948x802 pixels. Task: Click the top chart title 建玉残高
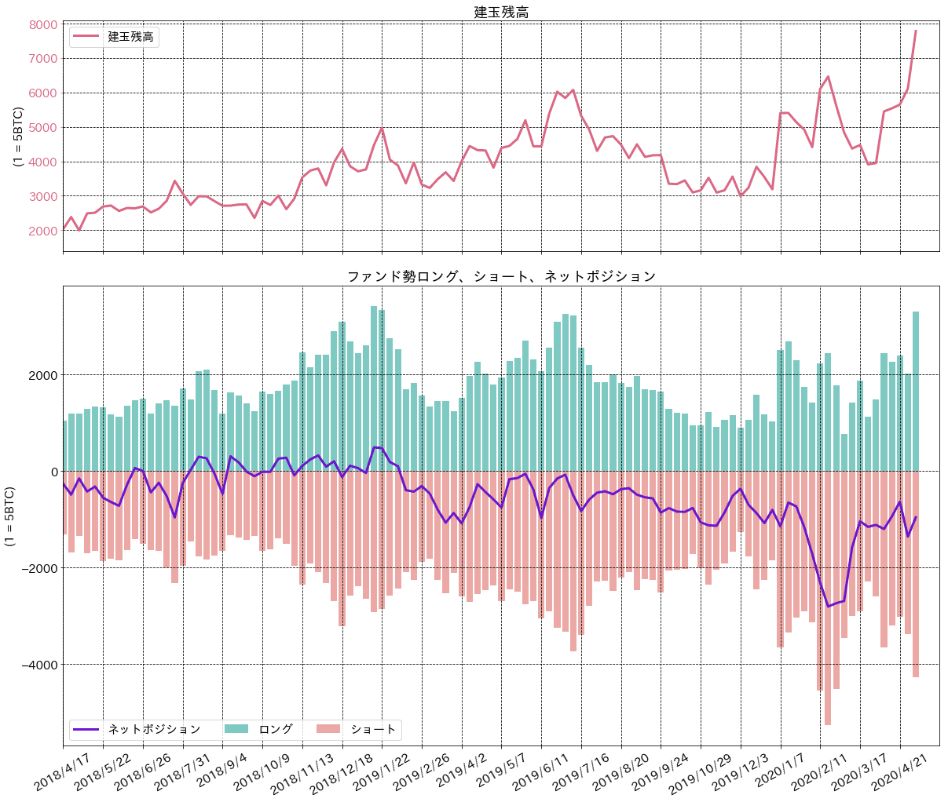(501, 12)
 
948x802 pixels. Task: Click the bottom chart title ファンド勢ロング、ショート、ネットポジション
(501, 276)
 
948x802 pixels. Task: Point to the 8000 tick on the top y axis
(43, 24)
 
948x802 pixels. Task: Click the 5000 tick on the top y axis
(43, 127)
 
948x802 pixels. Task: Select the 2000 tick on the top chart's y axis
(43, 231)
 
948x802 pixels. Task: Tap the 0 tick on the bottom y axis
(53, 472)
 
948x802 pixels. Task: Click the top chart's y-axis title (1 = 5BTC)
(17, 137)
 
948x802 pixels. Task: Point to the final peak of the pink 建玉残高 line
(916, 31)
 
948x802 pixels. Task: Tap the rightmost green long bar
(916, 392)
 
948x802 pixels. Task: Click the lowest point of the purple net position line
(828, 607)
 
